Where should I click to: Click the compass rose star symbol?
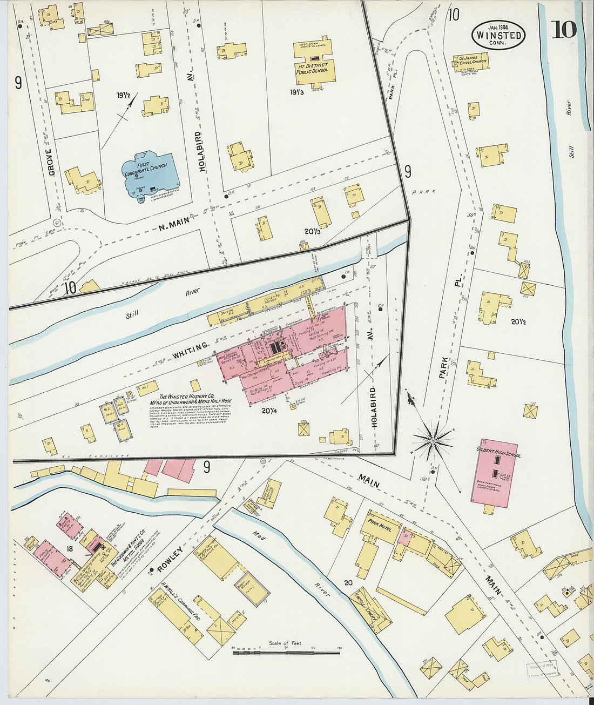tap(433, 440)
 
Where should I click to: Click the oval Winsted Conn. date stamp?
tap(498, 35)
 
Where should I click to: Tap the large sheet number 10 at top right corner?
tap(563, 30)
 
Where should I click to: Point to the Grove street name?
tap(51, 162)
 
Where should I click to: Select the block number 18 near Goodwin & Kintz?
tap(70, 548)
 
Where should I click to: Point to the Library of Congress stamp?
tap(542, 668)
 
